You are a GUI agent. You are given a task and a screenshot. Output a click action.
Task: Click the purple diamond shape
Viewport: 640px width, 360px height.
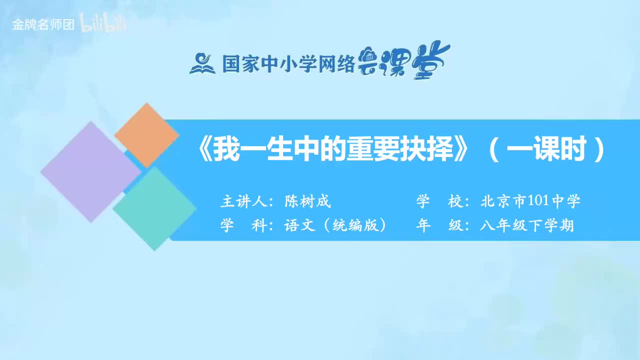[x=90, y=171]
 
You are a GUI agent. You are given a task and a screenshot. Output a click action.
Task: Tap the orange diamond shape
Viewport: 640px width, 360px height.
[x=146, y=135]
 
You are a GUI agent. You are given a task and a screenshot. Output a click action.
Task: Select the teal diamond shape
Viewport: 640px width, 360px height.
[x=154, y=208]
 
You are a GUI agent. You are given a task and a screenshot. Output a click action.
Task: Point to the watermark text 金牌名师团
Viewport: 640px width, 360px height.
[x=43, y=25]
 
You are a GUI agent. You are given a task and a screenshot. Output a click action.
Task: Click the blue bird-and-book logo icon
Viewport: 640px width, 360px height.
[x=202, y=63]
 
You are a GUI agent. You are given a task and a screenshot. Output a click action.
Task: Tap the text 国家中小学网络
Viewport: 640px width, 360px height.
[x=288, y=64]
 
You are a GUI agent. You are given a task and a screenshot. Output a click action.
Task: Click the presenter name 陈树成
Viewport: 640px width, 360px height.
[x=307, y=202]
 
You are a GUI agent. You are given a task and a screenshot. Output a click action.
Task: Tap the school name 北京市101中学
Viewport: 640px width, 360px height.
[x=530, y=202]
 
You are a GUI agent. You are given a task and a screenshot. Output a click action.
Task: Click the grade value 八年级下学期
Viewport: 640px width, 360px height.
[x=527, y=225]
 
